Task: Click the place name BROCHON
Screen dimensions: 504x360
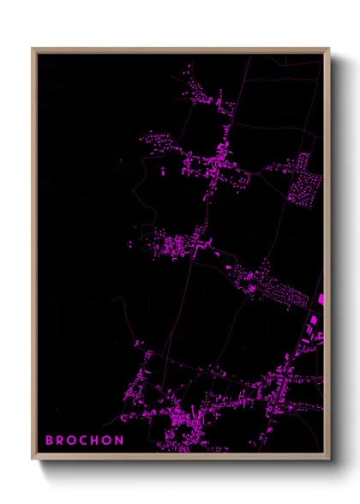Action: [84, 441]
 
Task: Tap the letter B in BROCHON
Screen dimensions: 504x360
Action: [50, 441]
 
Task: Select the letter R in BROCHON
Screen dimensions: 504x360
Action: [61, 441]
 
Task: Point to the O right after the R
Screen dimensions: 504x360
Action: [73, 441]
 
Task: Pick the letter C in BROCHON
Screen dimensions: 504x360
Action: [84, 441]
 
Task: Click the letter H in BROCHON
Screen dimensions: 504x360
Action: [96, 441]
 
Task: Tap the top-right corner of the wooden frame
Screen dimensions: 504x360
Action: [328, 49]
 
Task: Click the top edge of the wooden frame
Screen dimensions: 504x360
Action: [180, 50]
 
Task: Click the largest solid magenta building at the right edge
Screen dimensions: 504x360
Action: [321, 300]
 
